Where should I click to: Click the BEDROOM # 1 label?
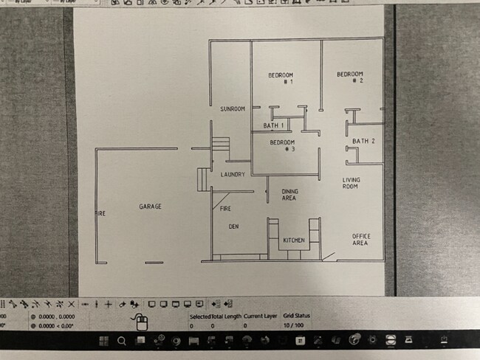pos(281,78)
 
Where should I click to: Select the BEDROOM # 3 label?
pos(282,145)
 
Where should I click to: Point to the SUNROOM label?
pos(233,109)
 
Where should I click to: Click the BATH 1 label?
pos(273,125)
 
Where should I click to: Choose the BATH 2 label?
pos(363,141)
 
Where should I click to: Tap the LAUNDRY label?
pos(233,174)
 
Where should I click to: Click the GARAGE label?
pos(150,207)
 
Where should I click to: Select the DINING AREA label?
pos(289,195)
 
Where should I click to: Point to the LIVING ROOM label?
pos(351,184)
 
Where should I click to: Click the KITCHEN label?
pos(295,240)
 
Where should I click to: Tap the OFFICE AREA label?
pos(360,239)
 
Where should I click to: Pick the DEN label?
pos(233,226)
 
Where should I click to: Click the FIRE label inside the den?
pos(226,209)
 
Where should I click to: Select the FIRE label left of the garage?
pos(100,214)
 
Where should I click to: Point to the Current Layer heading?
pos(259,316)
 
